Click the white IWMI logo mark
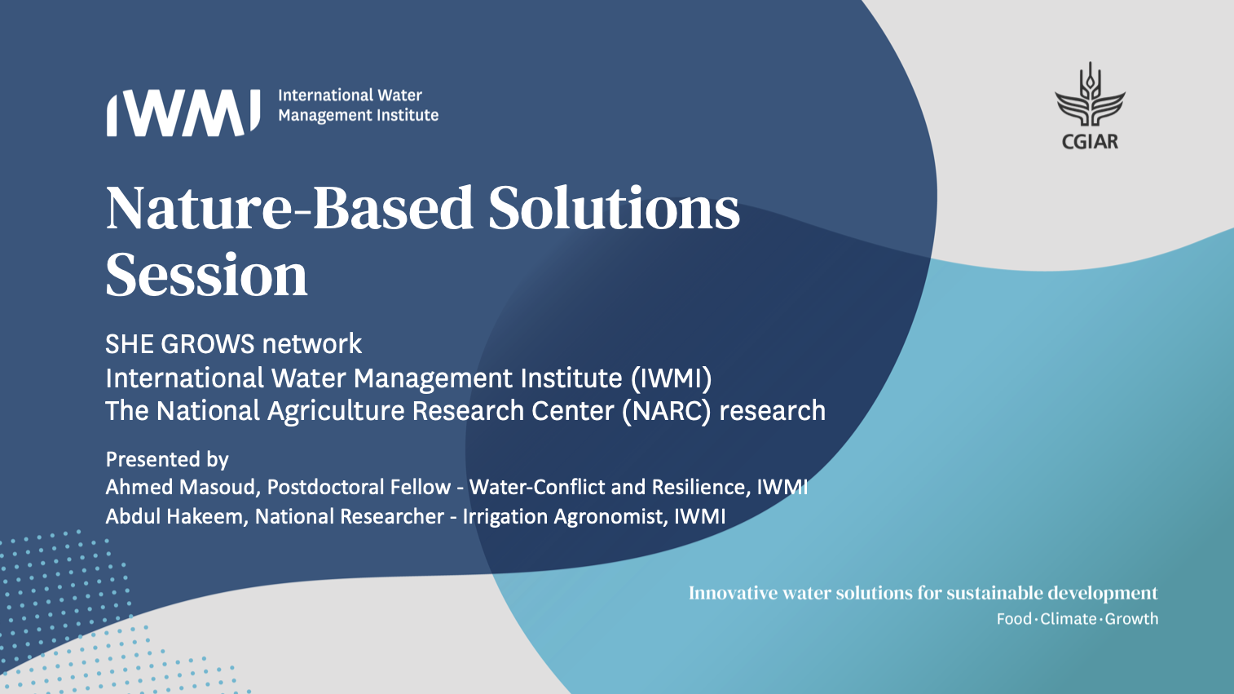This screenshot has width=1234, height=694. coord(183,113)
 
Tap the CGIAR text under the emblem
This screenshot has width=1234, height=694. coord(1090,142)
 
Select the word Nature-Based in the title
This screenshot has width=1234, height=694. coord(289,208)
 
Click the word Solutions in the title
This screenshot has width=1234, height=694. coord(614,208)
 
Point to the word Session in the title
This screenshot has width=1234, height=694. coord(206,275)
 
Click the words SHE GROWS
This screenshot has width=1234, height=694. coord(180,344)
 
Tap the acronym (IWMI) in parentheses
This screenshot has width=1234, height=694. coord(671,378)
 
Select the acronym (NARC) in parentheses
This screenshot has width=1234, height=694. coord(667,411)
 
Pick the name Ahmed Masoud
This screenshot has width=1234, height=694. coord(181,488)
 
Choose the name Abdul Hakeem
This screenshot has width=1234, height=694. coord(174,516)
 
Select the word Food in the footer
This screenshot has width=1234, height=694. coord(1014,619)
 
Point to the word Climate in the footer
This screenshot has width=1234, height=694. coord(1069,619)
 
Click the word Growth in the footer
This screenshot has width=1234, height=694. coord(1131,619)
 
